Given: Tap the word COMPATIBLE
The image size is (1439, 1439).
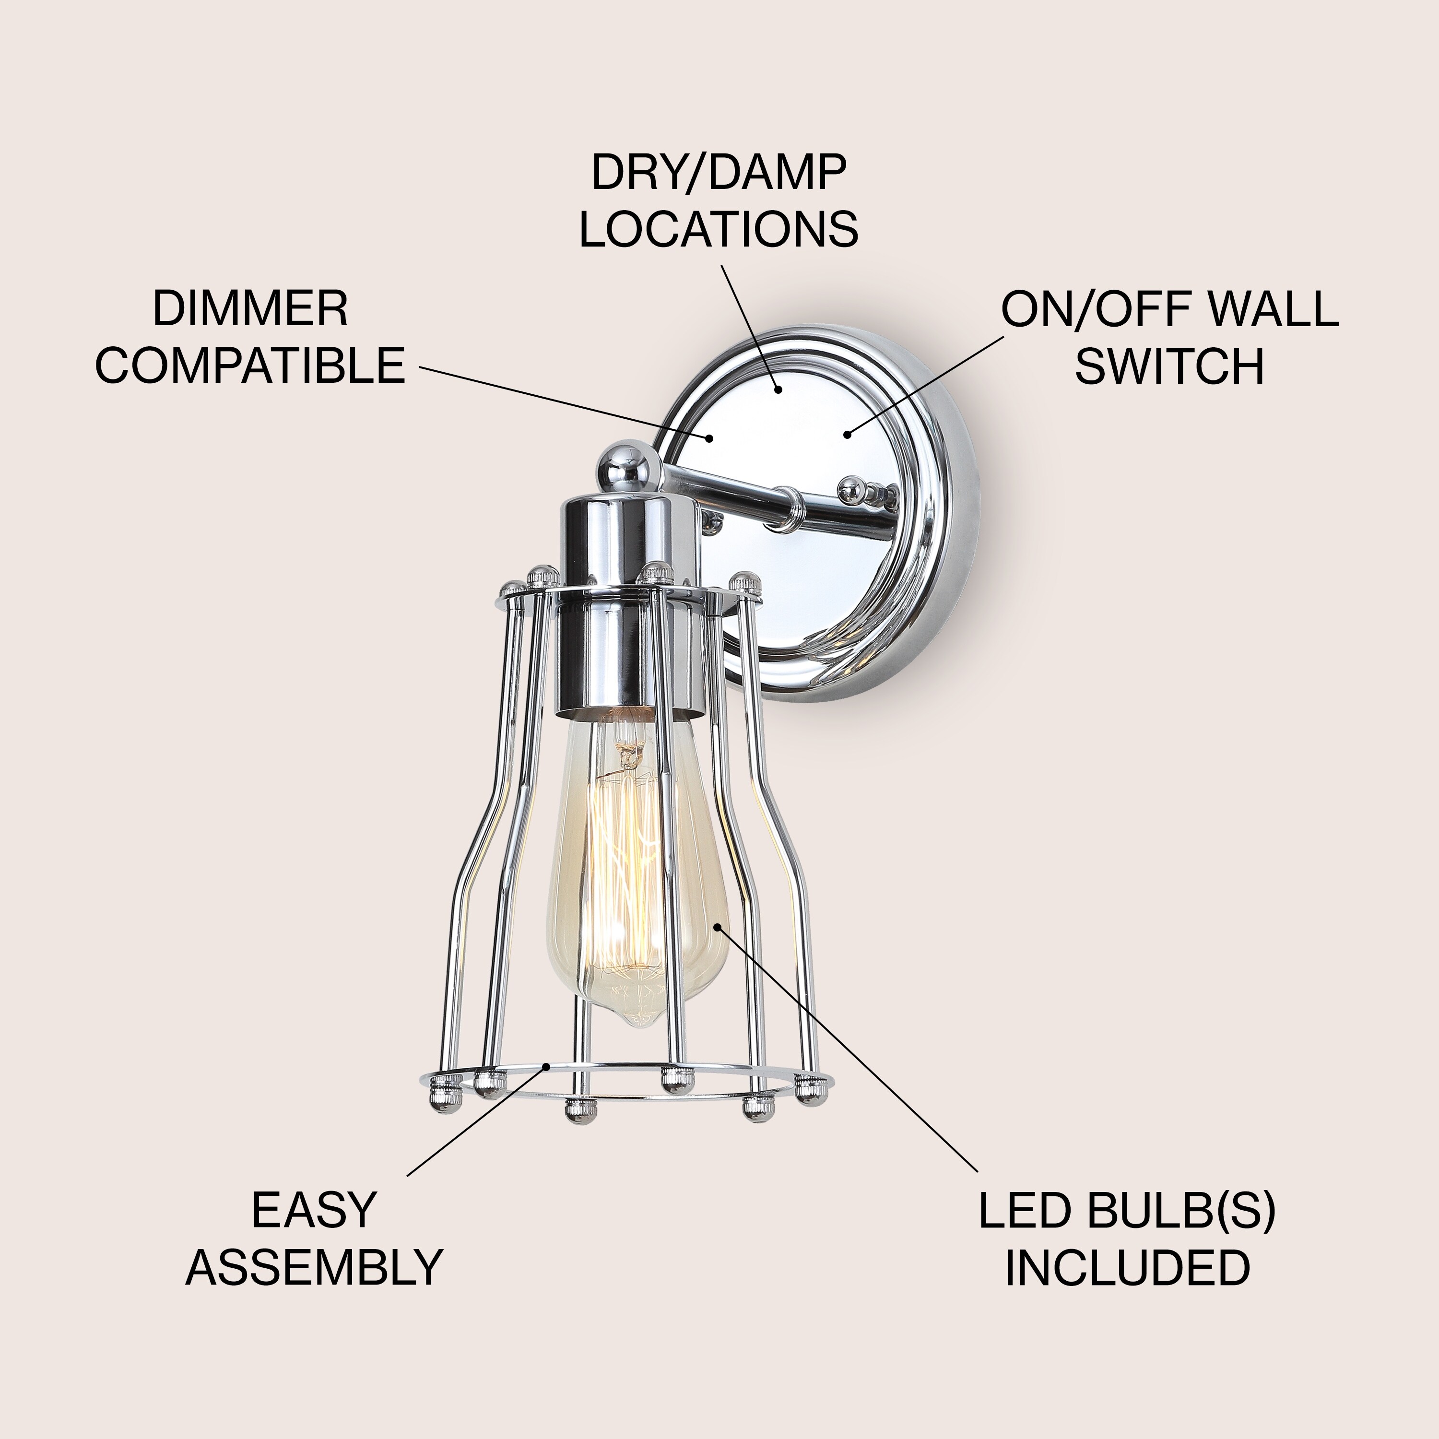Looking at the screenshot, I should tap(250, 365).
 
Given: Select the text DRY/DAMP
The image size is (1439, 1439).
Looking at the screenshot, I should tap(719, 173).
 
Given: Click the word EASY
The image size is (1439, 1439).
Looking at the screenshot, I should tap(313, 1210).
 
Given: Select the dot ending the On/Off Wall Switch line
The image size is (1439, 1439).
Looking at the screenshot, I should tap(847, 434).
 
